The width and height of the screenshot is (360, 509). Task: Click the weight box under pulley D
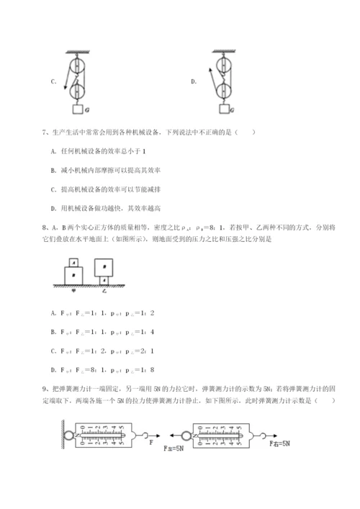coord(226,109)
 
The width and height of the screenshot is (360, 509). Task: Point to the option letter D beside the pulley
coord(194,81)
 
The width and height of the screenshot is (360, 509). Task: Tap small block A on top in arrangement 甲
coord(73,262)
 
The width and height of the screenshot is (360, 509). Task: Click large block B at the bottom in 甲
coord(73,276)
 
